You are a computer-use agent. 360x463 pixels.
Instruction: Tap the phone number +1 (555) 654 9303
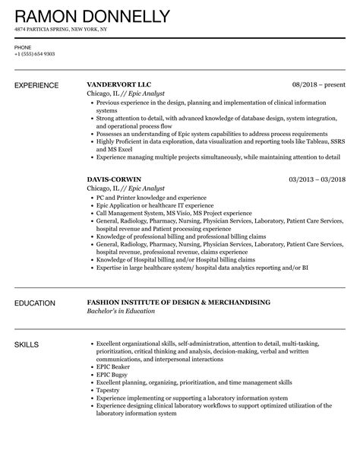coord(32,53)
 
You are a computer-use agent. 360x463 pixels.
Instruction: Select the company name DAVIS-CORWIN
coord(114,179)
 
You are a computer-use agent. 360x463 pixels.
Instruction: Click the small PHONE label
coord(22,46)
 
